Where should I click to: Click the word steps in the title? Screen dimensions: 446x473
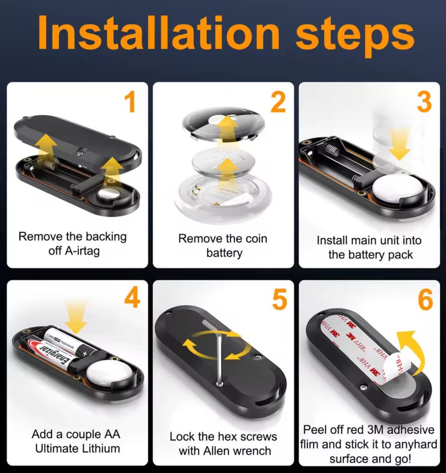click(x=355, y=36)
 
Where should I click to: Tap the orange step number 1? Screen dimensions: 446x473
click(x=130, y=102)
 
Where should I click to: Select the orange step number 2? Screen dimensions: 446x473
click(x=278, y=102)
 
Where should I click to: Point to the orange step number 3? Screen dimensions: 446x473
click(x=424, y=102)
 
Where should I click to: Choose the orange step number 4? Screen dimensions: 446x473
click(x=132, y=298)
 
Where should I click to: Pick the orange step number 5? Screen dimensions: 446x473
click(x=279, y=300)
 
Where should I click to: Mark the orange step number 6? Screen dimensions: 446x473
click(x=426, y=300)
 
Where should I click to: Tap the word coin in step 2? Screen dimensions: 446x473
click(x=256, y=239)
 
